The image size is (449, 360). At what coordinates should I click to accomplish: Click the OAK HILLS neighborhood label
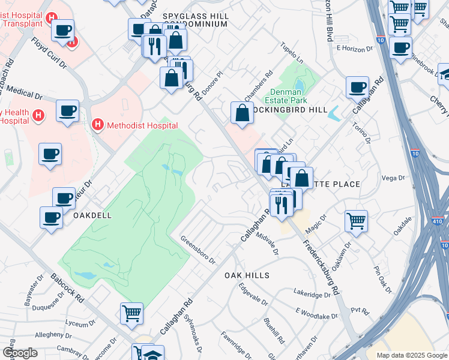(x=247, y=275)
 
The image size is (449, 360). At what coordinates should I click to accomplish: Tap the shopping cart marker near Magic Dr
(x=356, y=221)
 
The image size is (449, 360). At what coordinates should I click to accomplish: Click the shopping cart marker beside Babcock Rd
(x=131, y=313)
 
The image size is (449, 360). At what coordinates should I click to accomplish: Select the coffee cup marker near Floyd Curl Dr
(x=62, y=30)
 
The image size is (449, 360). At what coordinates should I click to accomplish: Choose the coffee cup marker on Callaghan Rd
(x=357, y=87)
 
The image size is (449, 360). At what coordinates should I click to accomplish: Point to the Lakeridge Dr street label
(x=313, y=294)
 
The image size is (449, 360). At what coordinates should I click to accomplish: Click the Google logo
(x=19, y=353)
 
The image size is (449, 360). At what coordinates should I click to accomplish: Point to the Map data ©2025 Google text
(x=412, y=355)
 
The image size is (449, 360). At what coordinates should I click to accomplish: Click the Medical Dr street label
(x=25, y=94)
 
